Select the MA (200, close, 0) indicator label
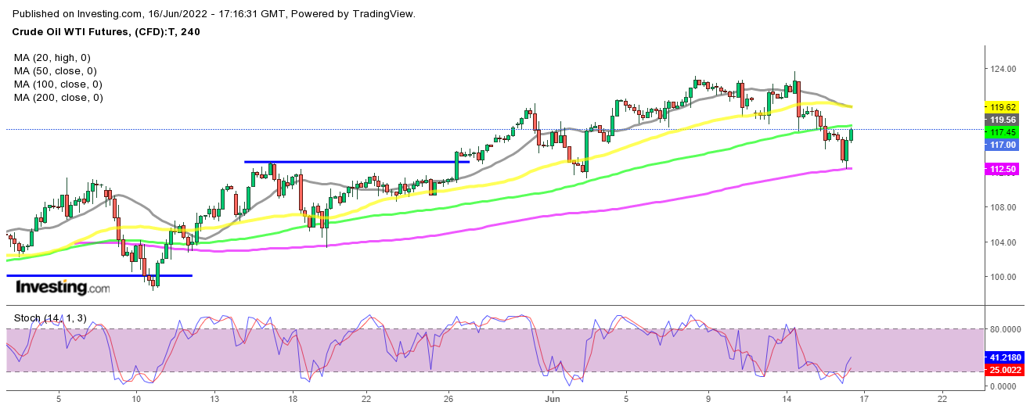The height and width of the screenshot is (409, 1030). coord(58,98)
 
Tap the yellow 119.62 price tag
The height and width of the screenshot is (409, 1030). coord(1003,106)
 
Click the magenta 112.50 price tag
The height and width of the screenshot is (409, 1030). coord(1003,169)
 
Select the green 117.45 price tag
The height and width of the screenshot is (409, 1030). coord(1003,132)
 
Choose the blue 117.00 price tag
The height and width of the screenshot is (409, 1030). coord(1003,145)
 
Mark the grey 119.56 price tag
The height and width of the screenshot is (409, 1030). coord(1003,120)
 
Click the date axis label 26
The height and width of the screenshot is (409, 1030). coord(448,399)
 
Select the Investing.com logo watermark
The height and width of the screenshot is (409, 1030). coord(63,288)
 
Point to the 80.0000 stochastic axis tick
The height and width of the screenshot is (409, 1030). coord(1008,329)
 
